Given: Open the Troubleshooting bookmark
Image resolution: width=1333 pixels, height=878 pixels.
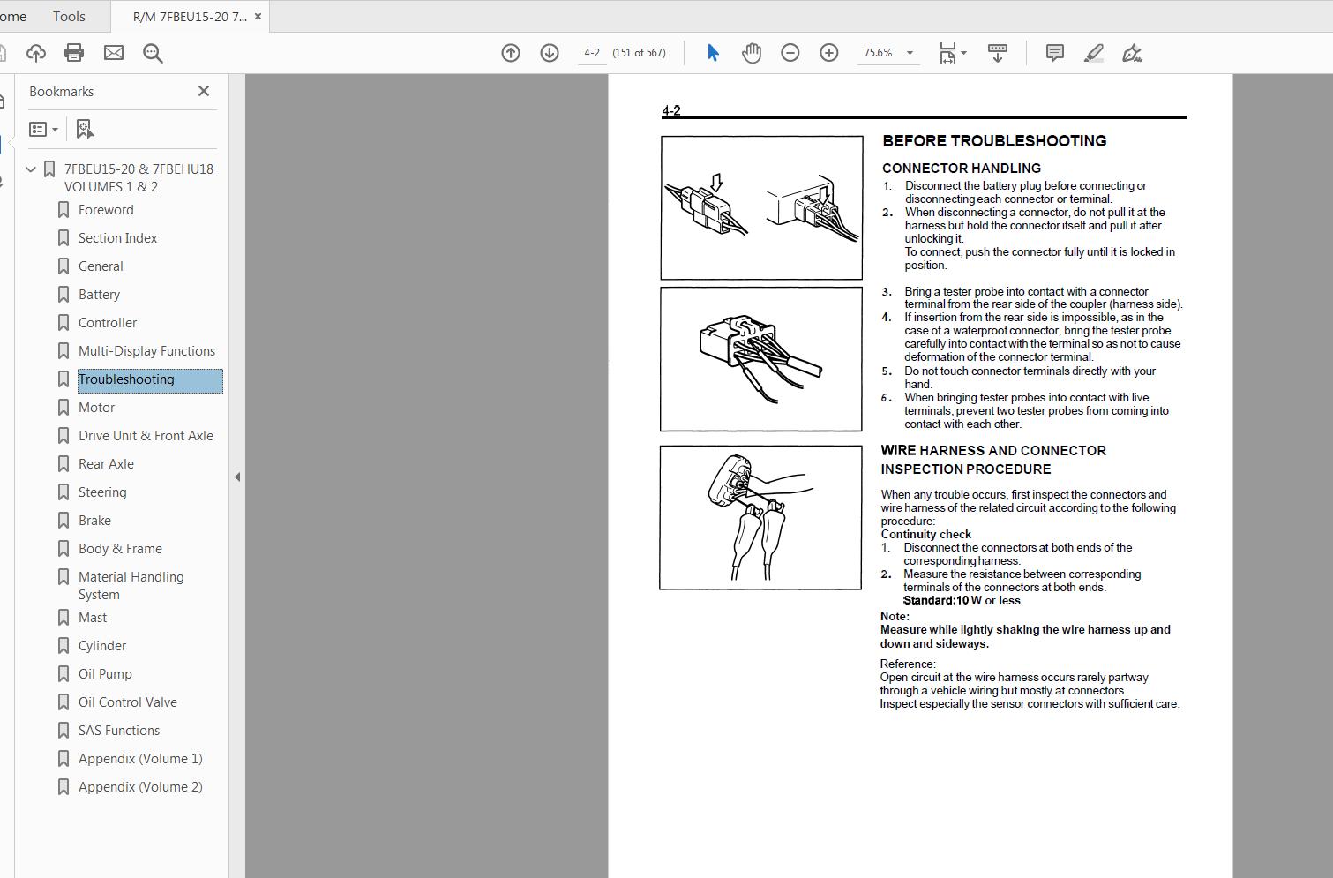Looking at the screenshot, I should (126, 379).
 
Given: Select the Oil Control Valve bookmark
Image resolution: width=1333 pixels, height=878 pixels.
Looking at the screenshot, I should (127, 702).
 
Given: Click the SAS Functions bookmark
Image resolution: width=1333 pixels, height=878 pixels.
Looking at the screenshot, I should (118, 731).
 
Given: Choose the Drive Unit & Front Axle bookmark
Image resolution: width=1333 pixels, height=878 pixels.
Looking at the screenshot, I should (146, 436).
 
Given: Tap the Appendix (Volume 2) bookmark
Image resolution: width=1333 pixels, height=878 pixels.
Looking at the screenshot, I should (139, 787).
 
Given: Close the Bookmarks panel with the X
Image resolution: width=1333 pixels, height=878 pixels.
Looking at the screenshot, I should (204, 91).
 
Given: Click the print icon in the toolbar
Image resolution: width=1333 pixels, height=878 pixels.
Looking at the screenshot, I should (74, 53).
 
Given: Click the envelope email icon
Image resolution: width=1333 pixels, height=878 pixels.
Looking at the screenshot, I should (114, 53).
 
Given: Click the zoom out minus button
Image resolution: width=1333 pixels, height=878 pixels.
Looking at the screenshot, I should (790, 53).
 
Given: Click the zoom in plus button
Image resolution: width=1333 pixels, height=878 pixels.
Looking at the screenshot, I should (829, 53).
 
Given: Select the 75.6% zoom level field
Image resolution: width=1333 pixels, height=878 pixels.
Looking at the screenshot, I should (878, 53).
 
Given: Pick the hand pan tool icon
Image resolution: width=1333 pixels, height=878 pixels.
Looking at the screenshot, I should (752, 53).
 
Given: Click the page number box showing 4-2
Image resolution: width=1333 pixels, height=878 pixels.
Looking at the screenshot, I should (592, 53).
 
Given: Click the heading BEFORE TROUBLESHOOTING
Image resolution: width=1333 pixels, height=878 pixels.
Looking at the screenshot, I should (994, 141).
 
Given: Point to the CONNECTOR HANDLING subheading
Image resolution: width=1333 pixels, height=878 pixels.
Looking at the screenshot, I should (961, 168).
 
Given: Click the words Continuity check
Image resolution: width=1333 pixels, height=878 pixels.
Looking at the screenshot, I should (925, 534).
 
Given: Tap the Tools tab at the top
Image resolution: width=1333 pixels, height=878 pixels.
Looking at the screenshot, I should (69, 16).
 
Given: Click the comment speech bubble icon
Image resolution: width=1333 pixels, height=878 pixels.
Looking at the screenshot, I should (1054, 53).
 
